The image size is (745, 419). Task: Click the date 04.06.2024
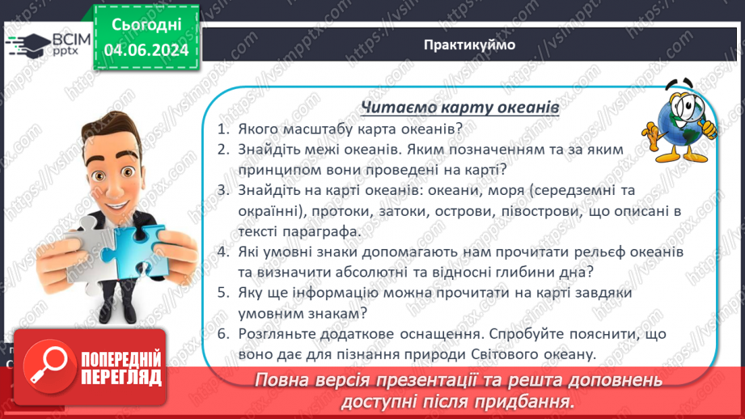pos(146,50)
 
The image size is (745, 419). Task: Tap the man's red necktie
pos(122,230)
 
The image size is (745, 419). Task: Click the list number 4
pos(222,253)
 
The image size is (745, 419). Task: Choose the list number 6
pos(222,333)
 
